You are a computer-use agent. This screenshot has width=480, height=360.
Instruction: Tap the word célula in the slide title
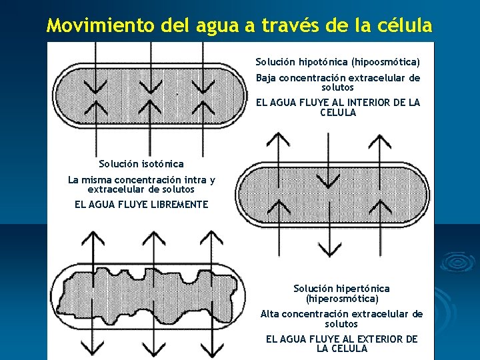406,26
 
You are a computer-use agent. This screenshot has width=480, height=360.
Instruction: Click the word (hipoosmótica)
386,62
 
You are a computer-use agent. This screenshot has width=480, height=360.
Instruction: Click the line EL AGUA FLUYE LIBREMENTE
141,205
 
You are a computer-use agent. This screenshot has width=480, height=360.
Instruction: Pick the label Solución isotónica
141,163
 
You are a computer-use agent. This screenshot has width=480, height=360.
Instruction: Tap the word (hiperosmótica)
342,299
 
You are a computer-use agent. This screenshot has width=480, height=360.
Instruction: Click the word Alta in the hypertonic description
270,314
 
